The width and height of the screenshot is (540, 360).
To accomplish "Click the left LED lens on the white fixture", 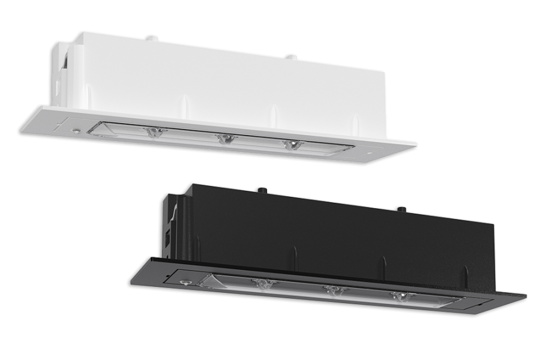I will pos(154,133).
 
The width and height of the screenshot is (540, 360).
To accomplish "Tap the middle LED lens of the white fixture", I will pos(224,139).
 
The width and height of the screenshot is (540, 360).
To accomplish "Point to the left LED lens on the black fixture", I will pos(263,284).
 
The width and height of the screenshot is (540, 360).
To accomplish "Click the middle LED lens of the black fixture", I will pos(334,290).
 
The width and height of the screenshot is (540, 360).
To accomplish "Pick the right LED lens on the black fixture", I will pos(399,297).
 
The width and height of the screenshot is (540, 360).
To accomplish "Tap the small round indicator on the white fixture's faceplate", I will pos(76,129).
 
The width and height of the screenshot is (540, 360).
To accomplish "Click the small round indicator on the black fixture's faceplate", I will pos(184,281).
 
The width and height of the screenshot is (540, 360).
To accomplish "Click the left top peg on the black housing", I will pos(263,190).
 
